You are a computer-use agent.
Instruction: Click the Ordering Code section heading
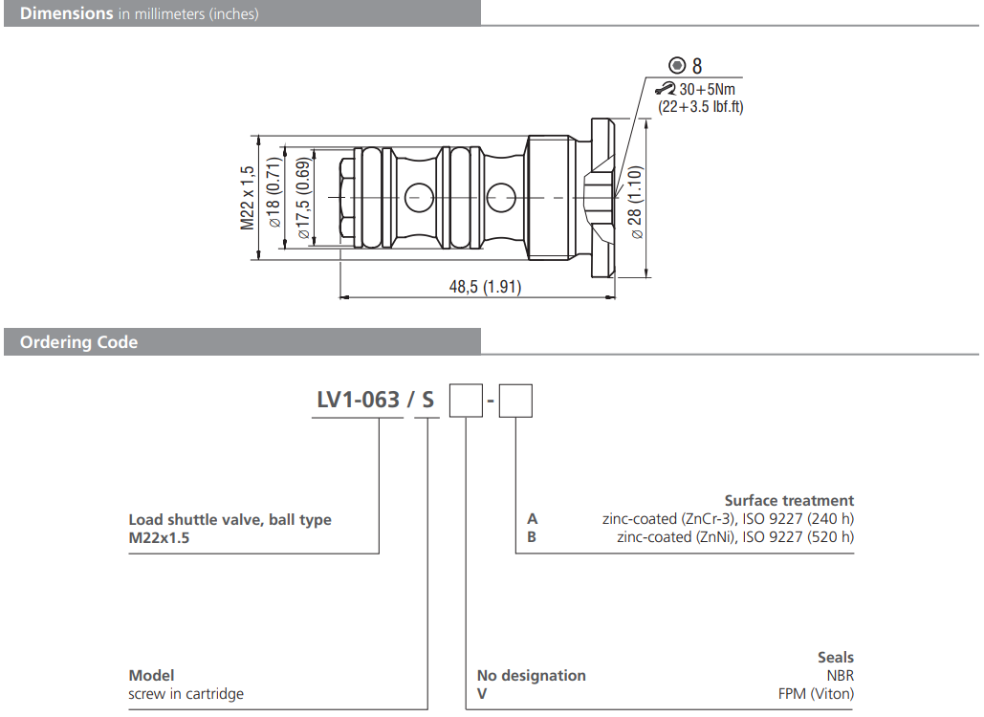point(78,342)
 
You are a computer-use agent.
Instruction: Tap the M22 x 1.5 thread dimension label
point(248,198)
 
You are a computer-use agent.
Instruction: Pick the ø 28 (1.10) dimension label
point(635,201)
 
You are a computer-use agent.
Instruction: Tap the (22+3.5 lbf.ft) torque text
point(700,106)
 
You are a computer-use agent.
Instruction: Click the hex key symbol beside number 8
point(677,65)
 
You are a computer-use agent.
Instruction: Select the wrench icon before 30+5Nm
point(666,89)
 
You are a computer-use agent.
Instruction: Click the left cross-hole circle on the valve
point(418,198)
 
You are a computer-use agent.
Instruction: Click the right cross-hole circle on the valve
point(500,198)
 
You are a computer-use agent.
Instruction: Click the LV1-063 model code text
point(358,400)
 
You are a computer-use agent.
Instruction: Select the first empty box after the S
point(465,400)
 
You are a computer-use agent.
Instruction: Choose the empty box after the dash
point(516,400)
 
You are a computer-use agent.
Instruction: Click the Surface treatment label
point(789,500)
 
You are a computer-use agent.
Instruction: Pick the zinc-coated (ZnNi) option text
point(735,536)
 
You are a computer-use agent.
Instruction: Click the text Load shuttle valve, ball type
point(230,520)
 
